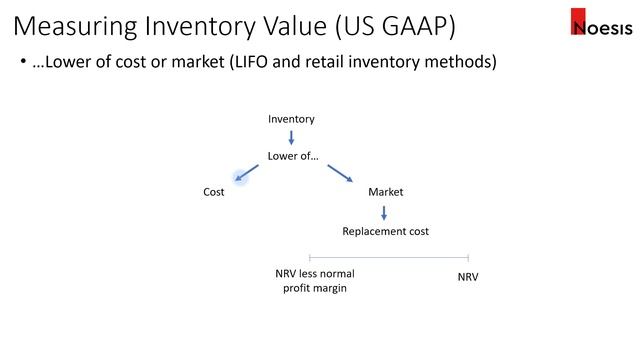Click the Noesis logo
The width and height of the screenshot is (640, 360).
[599, 23]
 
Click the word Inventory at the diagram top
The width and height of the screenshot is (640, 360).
[291, 119]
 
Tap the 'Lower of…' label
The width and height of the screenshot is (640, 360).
[293, 156]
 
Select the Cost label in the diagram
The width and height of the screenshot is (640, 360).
[214, 191]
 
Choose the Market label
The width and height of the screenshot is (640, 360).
[385, 191]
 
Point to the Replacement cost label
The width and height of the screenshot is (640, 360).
[385, 231]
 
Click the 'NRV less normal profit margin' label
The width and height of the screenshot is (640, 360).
[315, 280]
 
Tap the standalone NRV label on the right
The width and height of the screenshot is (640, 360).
[467, 274]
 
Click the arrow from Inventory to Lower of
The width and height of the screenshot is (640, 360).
[291, 137]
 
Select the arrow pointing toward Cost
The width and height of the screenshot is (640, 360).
[245, 175]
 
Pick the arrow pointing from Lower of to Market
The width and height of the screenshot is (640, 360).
[340, 172]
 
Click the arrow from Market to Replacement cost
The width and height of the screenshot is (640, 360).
[384, 211]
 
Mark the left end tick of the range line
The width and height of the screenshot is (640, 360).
[310, 258]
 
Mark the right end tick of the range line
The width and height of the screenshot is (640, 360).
[467, 258]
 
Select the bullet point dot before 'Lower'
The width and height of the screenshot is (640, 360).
[24, 63]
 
